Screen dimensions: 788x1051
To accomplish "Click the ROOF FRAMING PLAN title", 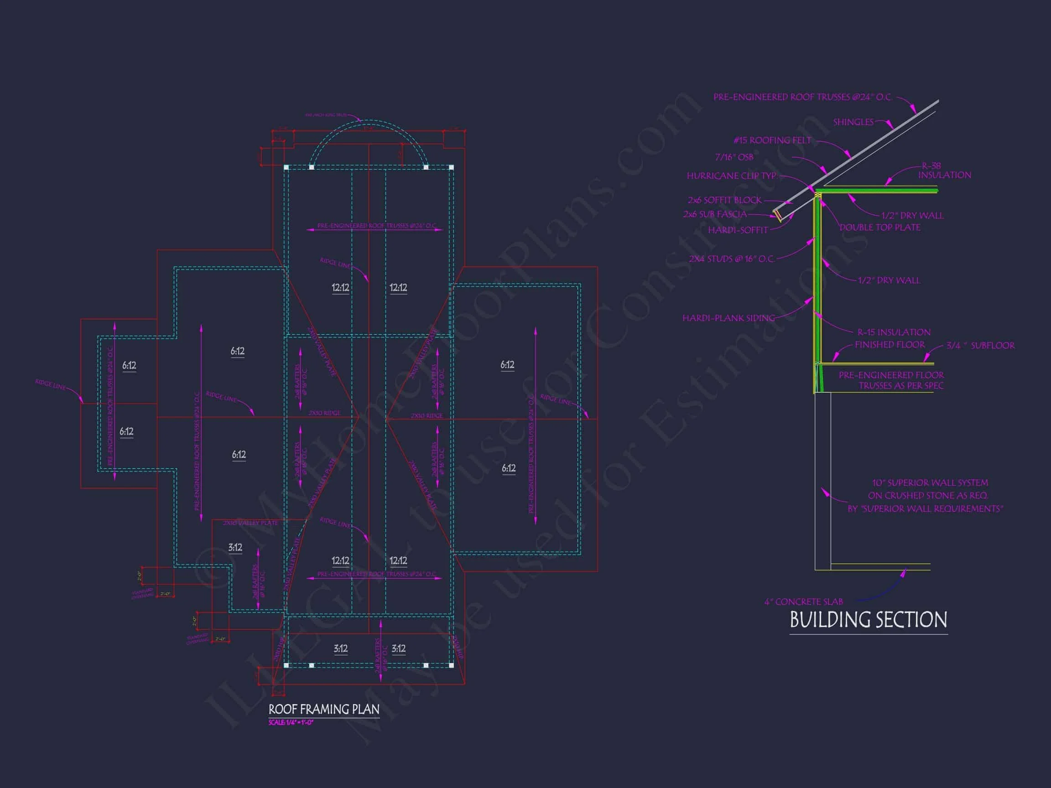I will coord(323,710).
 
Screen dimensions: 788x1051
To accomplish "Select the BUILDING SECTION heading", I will coord(868,620).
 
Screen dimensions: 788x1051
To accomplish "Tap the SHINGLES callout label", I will coord(853,123).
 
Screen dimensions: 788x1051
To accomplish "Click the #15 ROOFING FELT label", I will coord(772,140).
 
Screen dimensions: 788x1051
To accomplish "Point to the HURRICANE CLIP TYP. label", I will coord(732,176).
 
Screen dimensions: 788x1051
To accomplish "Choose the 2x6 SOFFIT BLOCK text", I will coord(724,201).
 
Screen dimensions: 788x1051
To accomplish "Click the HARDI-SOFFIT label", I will coord(738,230).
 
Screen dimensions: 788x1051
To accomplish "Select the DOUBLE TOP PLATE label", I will coord(879,228).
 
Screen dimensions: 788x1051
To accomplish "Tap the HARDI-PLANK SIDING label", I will coord(728,318).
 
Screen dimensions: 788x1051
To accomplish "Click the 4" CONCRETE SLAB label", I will coord(803,602).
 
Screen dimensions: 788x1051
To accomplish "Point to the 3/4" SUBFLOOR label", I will coord(980,346).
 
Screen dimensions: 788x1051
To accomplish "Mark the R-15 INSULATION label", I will coord(894,332).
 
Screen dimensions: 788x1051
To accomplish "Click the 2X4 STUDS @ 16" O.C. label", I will coord(731,259).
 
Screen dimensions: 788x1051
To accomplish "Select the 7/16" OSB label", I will coord(734,157).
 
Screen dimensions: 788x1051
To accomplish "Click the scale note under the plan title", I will coord(291,722).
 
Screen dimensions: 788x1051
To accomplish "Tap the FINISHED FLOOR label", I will coord(890,345).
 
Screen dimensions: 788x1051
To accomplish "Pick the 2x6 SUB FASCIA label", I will coord(715,215).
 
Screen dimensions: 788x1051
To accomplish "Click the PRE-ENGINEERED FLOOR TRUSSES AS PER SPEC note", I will coord(891,380).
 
